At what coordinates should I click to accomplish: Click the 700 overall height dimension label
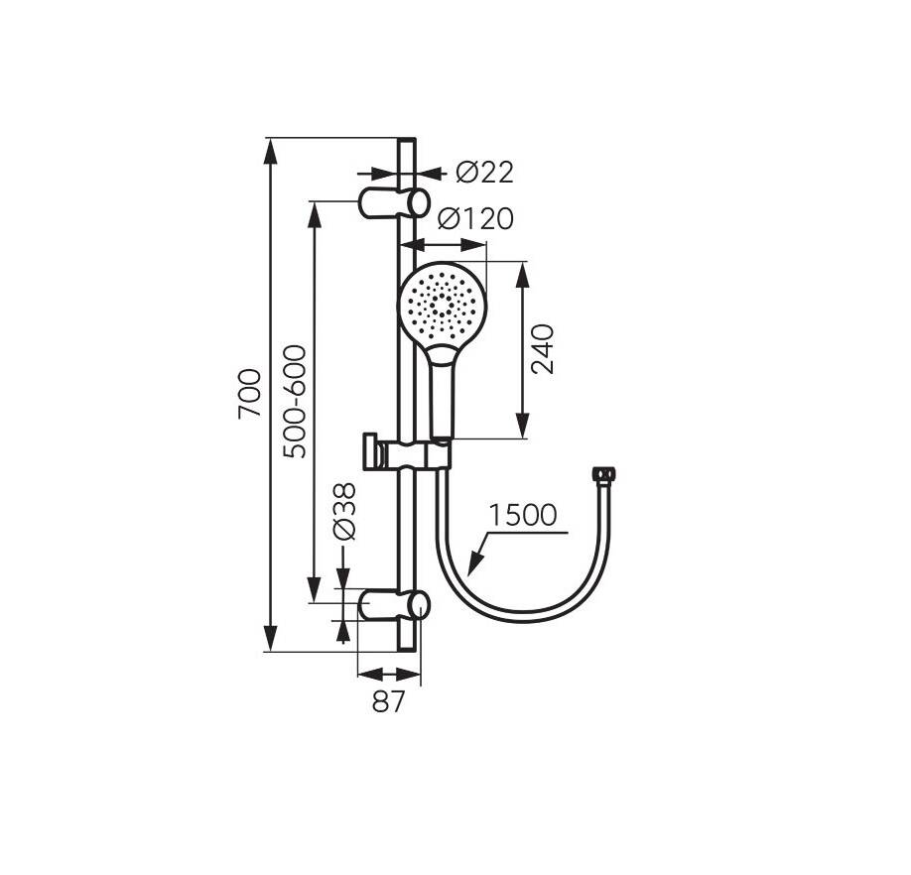(x=250, y=393)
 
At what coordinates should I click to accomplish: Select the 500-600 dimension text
(x=295, y=401)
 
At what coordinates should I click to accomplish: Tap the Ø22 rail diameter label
(x=484, y=173)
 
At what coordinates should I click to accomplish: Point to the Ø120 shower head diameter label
(x=475, y=218)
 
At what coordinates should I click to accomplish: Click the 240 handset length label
(x=543, y=349)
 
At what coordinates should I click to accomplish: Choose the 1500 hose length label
(x=522, y=515)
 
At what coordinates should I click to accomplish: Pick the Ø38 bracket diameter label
(x=344, y=512)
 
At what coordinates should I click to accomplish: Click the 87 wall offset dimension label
(x=388, y=702)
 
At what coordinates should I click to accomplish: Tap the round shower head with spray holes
(x=443, y=305)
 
